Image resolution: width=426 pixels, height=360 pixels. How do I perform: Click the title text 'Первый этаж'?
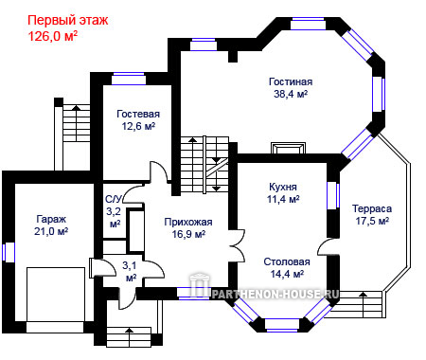click(68, 21)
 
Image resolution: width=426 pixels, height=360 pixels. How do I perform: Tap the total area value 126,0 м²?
click(53, 36)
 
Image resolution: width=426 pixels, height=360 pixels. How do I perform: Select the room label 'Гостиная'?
click(291, 81)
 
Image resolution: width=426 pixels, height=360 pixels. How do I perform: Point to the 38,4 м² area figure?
click(291, 94)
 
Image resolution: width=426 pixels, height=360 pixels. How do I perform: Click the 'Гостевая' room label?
click(138, 114)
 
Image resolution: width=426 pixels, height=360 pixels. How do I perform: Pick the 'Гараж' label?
click(51, 219)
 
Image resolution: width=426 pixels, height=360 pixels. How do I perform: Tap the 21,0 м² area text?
click(51, 231)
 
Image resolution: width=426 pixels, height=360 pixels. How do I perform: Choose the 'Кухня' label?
click(283, 187)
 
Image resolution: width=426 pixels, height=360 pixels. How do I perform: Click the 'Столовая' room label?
click(287, 261)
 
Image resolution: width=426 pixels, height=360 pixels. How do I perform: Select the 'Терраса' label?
click(372, 208)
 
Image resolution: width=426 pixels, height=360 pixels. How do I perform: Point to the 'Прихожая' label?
click(188, 222)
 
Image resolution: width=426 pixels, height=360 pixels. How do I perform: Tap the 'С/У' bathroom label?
click(114, 200)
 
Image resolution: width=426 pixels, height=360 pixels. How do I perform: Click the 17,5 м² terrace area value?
click(372, 221)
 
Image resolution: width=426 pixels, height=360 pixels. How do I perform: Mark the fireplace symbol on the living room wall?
click(289, 148)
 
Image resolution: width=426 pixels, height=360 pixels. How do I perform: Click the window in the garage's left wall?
click(9, 252)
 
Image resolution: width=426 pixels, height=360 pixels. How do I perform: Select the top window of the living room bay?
click(308, 24)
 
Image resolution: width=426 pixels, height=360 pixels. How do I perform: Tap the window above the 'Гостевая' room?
click(129, 79)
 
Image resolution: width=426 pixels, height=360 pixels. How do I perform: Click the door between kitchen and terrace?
click(328, 246)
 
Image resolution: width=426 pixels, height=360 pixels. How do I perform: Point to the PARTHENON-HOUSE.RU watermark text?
click(275, 295)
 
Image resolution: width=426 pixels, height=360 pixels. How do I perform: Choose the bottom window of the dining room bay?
click(282, 325)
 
